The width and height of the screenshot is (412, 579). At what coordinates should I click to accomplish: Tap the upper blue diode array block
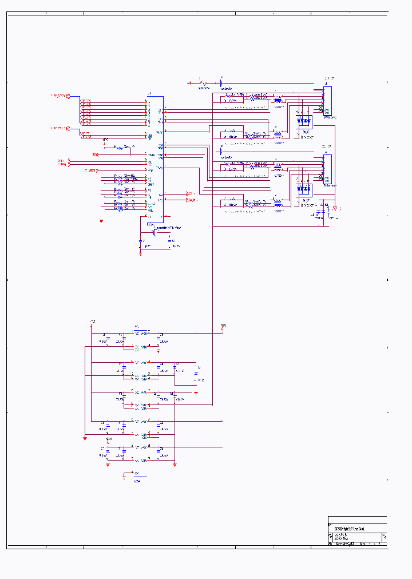303,121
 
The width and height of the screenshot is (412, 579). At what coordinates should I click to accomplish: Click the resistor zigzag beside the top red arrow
203,84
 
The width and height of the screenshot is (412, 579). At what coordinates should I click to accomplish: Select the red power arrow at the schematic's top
189,84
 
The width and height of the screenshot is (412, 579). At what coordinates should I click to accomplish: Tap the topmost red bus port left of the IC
68,96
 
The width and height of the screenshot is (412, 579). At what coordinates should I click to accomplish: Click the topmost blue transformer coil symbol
278,98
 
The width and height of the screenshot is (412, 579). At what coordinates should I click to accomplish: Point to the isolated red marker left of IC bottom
101,220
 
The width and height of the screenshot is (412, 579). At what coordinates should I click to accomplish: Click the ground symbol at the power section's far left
85,438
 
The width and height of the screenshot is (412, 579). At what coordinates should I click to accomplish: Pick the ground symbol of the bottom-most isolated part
124,476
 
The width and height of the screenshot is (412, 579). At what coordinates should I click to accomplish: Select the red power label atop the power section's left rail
92,322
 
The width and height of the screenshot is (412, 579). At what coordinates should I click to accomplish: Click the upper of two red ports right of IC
189,195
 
